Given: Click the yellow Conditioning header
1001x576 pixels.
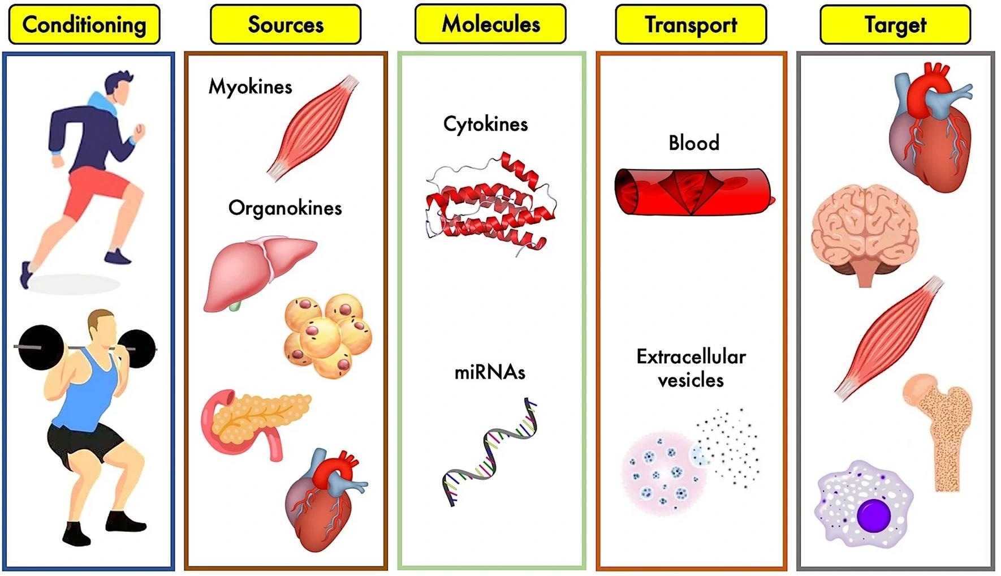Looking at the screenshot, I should [84, 24].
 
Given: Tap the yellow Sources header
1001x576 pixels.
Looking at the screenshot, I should [286, 24].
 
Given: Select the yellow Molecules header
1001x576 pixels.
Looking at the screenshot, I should [490, 24].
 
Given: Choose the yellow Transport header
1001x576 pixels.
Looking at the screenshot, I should [691, 24].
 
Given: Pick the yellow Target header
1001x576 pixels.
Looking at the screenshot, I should [895, 24].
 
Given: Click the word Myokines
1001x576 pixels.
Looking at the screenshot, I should [251, 87].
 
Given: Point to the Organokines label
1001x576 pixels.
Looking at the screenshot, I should [285, 208].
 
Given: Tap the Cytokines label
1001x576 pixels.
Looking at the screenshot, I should [485, 124].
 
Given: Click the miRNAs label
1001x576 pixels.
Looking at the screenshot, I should [490, 372].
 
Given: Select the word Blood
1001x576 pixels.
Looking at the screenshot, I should [694, 143].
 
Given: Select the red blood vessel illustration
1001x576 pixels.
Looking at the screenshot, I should [693, 191].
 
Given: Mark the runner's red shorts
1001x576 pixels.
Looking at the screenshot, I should [96, 192].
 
